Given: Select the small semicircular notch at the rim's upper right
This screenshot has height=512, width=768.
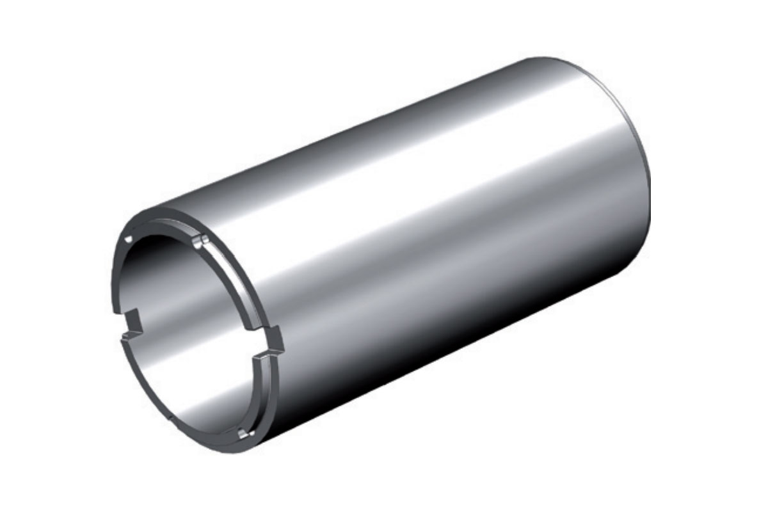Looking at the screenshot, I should tap(200, 241).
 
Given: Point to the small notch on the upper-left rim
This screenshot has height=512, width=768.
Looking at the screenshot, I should tap(129, 239).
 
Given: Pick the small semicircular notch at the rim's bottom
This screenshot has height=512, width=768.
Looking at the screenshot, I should tap(241, 435).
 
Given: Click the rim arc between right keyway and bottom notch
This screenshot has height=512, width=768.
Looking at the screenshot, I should tap(262, 397).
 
